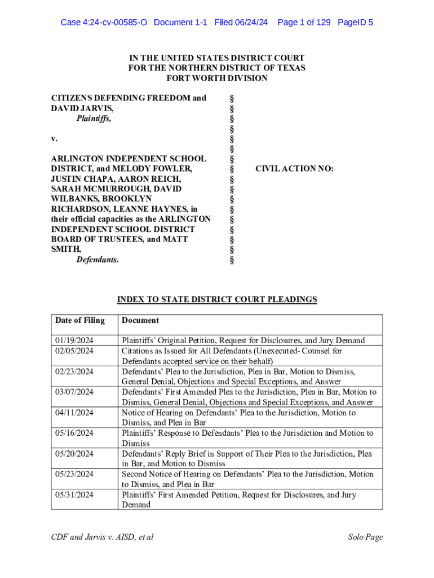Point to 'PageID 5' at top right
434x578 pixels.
tap(356, 23)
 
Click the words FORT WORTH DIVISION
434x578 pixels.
tap(217, 78)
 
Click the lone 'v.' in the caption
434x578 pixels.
tap(55, 138)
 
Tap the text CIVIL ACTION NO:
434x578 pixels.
tap(294, 168)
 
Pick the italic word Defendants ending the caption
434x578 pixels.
tap(98, 260)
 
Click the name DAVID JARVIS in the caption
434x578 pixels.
tap(77, 108)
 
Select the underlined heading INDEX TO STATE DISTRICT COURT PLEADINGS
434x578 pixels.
tap(217, 300)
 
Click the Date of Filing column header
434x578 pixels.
tap(80, 321)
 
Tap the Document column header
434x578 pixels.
tap(140, 321)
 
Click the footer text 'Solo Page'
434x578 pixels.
tap(365, 537)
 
